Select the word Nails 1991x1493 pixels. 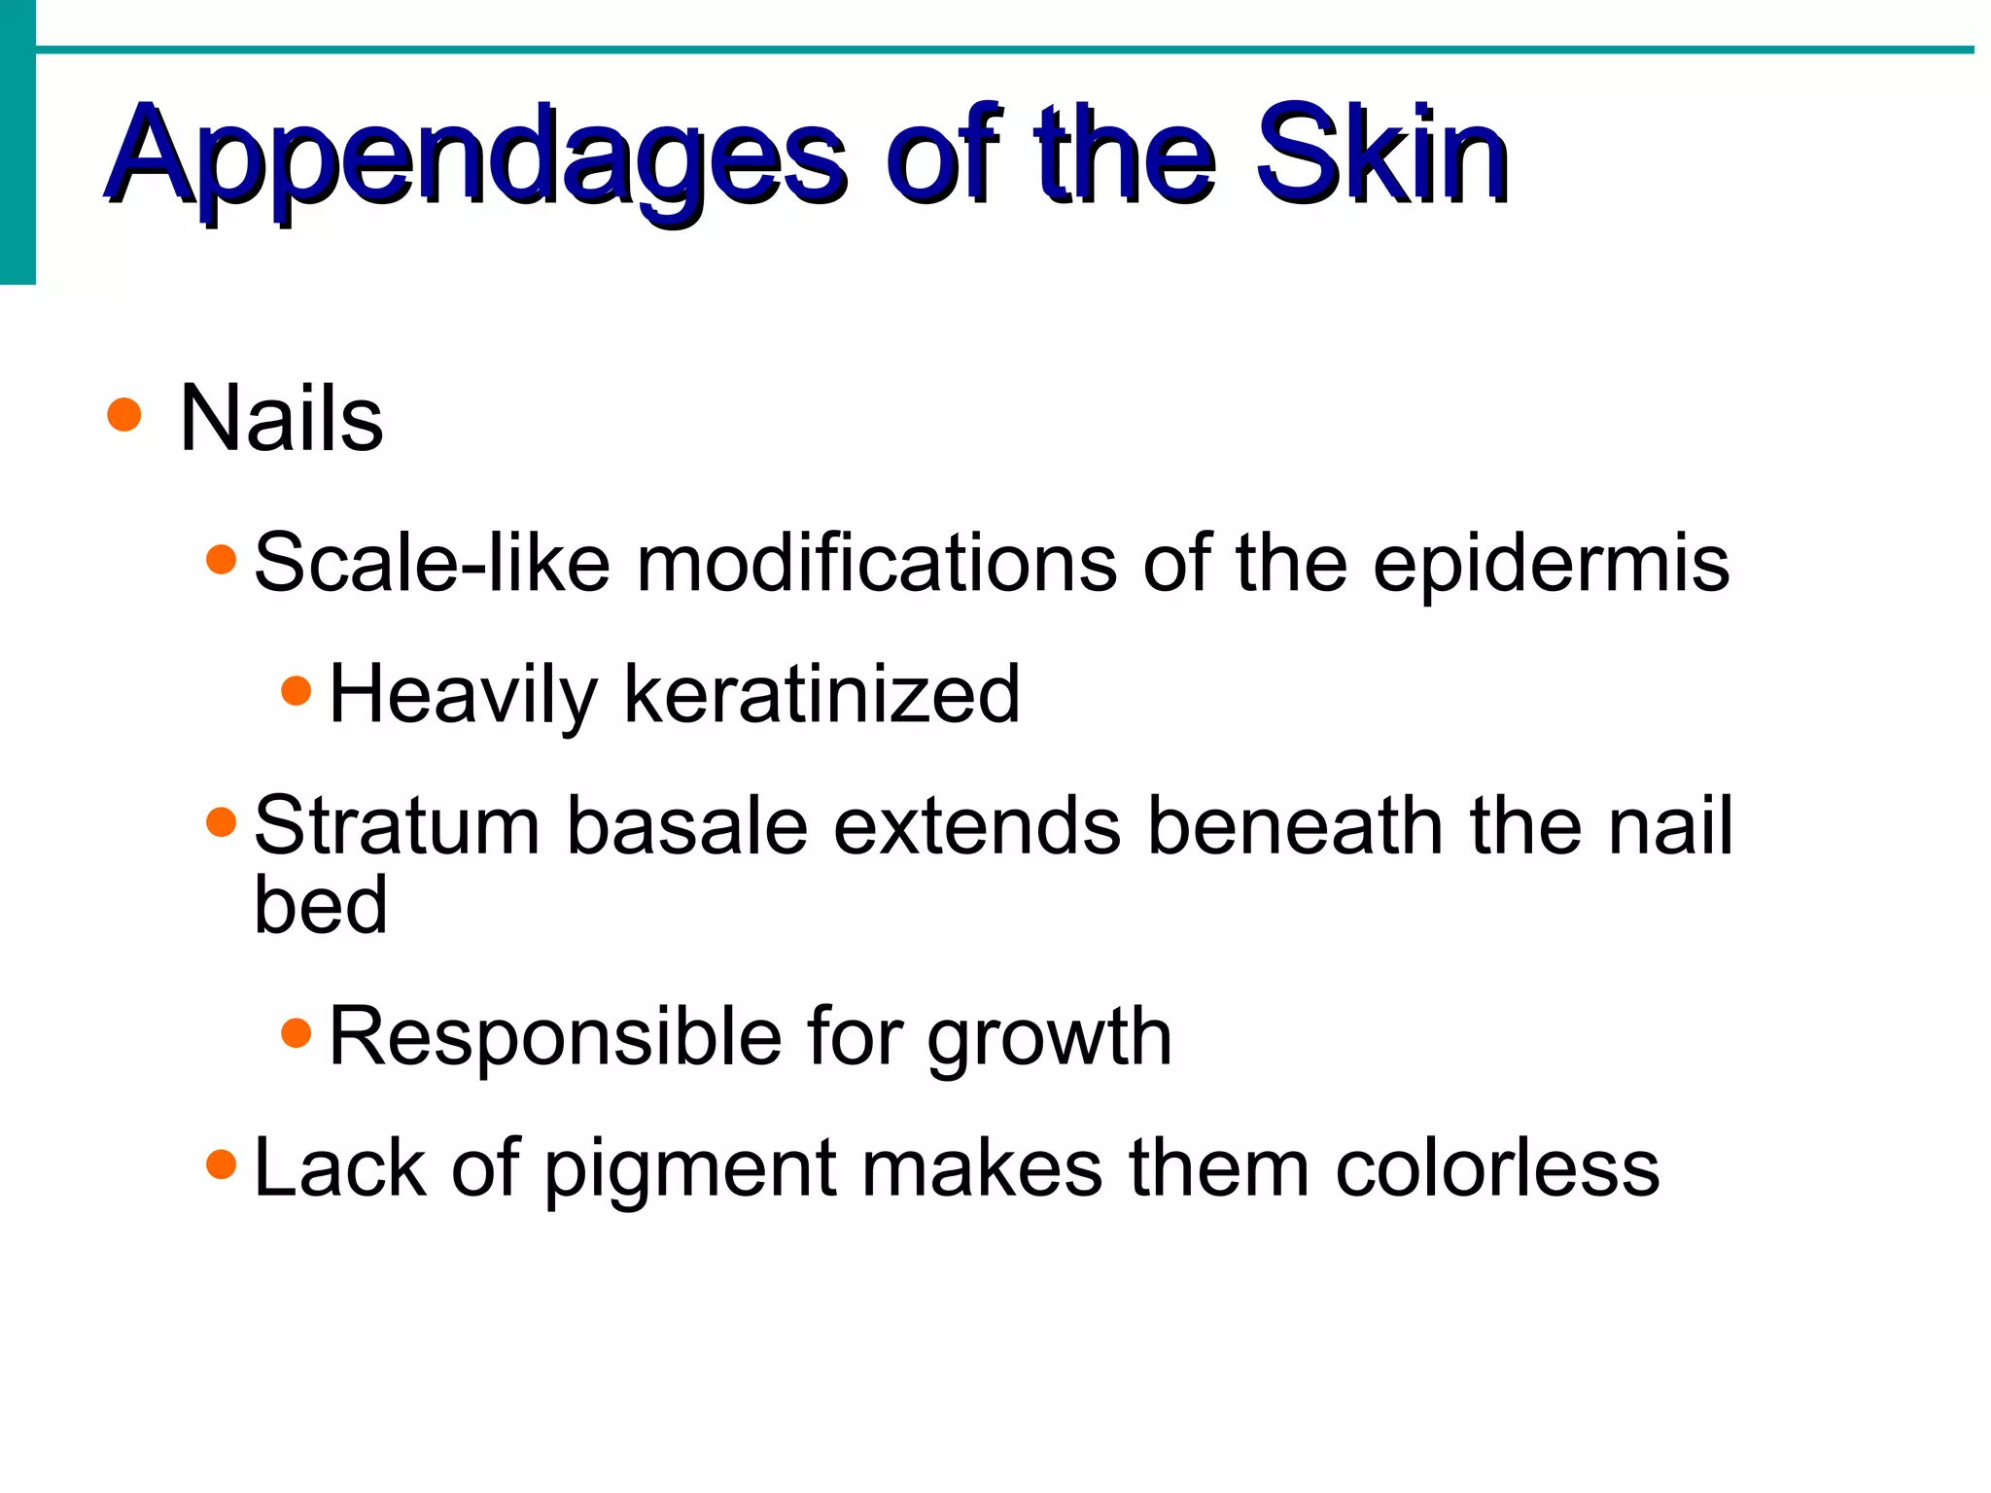[282, 419]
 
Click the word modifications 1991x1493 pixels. [876, 563]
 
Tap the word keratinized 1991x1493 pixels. [821, 694]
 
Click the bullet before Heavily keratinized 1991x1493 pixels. [296, 691]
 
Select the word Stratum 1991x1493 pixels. [397, 826]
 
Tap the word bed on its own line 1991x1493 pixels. [321, 906]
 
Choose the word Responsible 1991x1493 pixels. [555, 1036]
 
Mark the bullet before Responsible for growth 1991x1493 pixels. [296, 1032]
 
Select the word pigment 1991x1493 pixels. [689, 1170]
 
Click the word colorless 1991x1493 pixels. [1497, 1168]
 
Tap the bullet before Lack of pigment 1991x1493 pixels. [222, 1163]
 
